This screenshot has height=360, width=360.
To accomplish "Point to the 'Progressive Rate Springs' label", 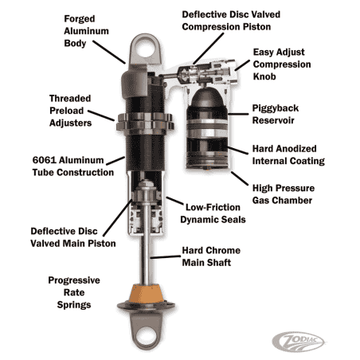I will [73, 293].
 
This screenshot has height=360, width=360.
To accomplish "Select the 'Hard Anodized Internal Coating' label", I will [288, 154].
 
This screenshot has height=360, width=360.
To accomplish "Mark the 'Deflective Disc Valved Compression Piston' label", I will [232, 21].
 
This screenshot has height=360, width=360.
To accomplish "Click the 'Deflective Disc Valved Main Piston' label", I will [72, 237].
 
